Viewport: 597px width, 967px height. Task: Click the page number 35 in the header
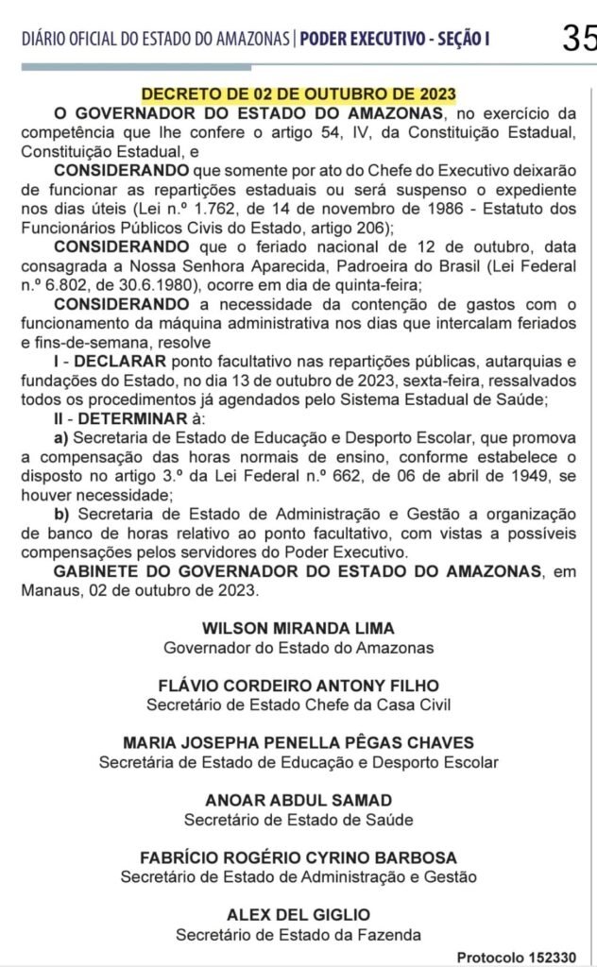578,39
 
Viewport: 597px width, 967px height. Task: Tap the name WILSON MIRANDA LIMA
298,629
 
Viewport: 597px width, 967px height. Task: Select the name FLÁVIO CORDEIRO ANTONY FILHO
298,686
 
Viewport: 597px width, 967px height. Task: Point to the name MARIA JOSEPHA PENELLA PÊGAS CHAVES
298,743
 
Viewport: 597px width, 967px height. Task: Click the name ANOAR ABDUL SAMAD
298,801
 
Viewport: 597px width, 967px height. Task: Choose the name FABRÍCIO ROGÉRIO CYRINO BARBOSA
298,857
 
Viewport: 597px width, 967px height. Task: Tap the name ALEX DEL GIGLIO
298,915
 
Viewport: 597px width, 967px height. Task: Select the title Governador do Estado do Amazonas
298,648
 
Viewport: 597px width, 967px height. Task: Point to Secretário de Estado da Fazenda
298,934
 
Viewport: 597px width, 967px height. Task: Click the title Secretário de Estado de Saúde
298,819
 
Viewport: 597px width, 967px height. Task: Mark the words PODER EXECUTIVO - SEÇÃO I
396,40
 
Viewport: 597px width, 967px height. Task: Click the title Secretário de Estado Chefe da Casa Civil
298,704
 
